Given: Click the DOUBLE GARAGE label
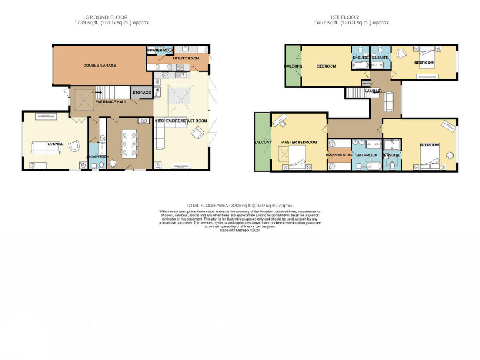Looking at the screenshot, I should [100, 65].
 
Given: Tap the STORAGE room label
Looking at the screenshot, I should [142, 92].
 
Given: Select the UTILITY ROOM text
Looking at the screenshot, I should [186, 58].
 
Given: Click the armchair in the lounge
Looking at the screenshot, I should [74, 146].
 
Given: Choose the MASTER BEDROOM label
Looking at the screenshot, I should [299, 142].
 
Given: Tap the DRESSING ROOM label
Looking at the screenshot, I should [339, 154].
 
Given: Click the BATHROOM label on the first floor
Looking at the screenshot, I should [367, 154].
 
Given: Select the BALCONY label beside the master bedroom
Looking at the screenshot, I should [262, 142].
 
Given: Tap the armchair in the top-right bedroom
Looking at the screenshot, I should [402, 54].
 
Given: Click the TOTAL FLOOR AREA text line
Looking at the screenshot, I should [240, 205].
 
